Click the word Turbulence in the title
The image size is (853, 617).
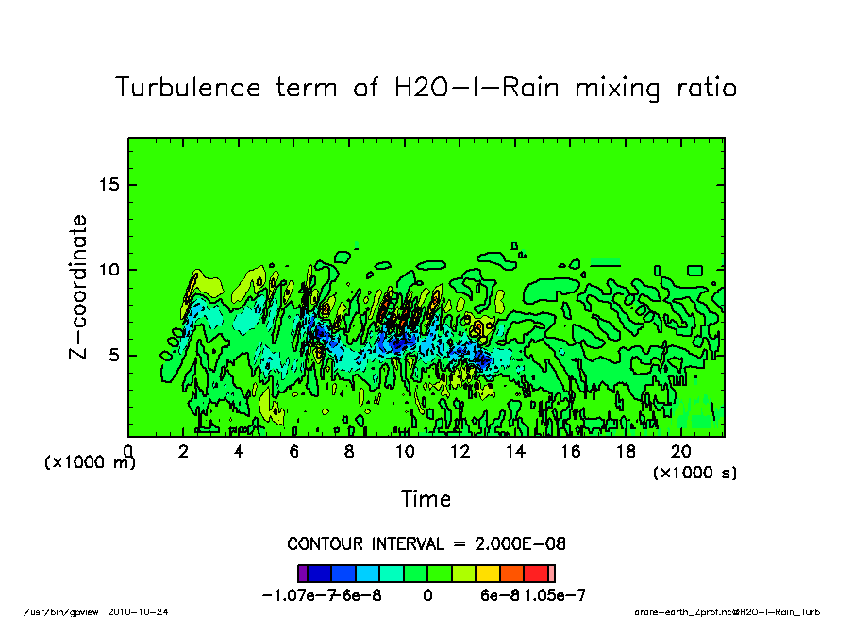coord(188,89)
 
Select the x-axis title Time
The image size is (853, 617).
coord(426,498)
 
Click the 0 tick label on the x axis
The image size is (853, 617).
coord(128,452)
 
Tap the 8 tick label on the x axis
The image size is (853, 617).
coord(350,452)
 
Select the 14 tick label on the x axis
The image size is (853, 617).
coord(515,452)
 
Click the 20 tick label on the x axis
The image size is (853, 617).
coord(681,452)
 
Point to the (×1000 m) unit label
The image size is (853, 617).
coord(90,463)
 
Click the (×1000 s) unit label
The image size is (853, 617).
coord(695,472)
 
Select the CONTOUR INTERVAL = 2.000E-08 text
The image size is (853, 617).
coord(426,544)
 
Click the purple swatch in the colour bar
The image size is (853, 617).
coord(303,573)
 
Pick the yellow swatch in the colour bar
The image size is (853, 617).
coord(488,573)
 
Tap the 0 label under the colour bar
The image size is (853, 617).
coord(427,595)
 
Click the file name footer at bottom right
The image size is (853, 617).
coord(727,611)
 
